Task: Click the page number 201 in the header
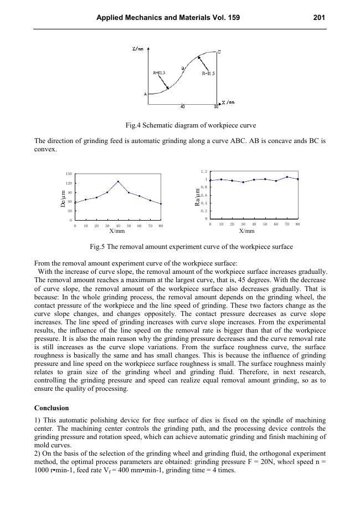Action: click(x=318, y=18)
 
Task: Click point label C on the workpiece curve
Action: click(x=219, y=52)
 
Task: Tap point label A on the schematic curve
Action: click(x=146, y=94)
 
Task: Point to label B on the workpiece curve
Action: click(x=183, y=68)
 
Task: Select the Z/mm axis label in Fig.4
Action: click(x=138, y=49)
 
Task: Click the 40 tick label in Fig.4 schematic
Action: click(x=183, y=106)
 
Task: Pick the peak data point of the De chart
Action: click(x=118, y=181)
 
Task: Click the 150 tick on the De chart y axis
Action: click(x=69, y=174)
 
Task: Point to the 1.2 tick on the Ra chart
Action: click(x=204, y=172)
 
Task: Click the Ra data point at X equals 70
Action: click(x=287, y=177)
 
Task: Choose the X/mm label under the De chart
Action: click(x=117, y=231)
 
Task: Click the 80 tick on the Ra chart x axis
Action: click(x=298, y=224)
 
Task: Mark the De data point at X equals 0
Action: click(x=75, y=202)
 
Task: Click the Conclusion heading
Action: click(x=52, y=407)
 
